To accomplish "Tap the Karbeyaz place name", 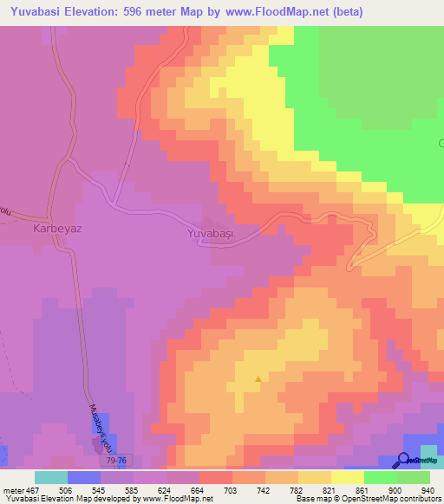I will tap(56, 231).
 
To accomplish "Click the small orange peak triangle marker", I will tap(258, 378).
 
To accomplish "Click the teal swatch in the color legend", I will tap(51, 477).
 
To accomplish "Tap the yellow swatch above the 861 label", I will tap(348, 477).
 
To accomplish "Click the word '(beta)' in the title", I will tap(345, 12).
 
